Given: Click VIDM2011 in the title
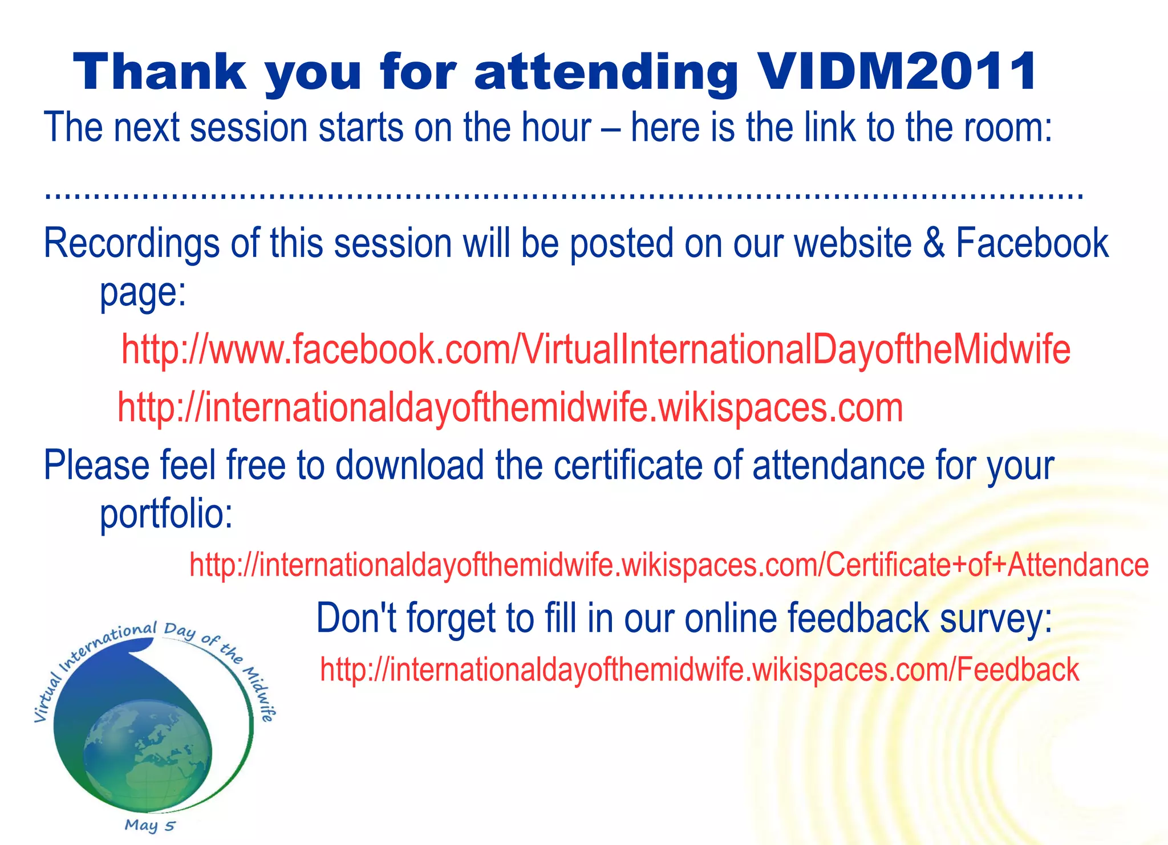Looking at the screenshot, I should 898,72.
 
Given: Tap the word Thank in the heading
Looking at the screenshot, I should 160,72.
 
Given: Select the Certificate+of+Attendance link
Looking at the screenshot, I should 668,565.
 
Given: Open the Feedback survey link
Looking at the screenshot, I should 699,670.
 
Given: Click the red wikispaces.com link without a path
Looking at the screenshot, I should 510,408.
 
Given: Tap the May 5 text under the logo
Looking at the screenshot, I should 150,825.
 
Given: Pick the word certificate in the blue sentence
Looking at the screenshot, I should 628,466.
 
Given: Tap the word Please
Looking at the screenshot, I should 96,466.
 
